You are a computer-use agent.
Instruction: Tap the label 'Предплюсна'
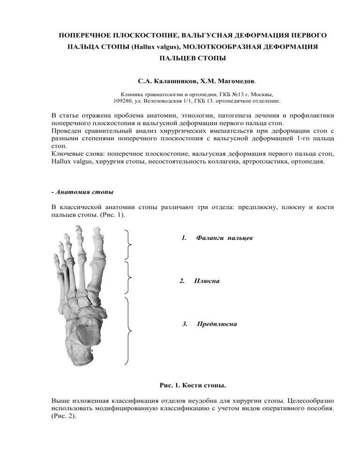[217, 324]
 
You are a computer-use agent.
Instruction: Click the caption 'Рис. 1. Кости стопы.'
[193, 386]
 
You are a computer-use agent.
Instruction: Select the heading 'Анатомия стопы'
[84, 192]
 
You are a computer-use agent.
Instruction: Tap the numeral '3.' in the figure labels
[185, 324]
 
